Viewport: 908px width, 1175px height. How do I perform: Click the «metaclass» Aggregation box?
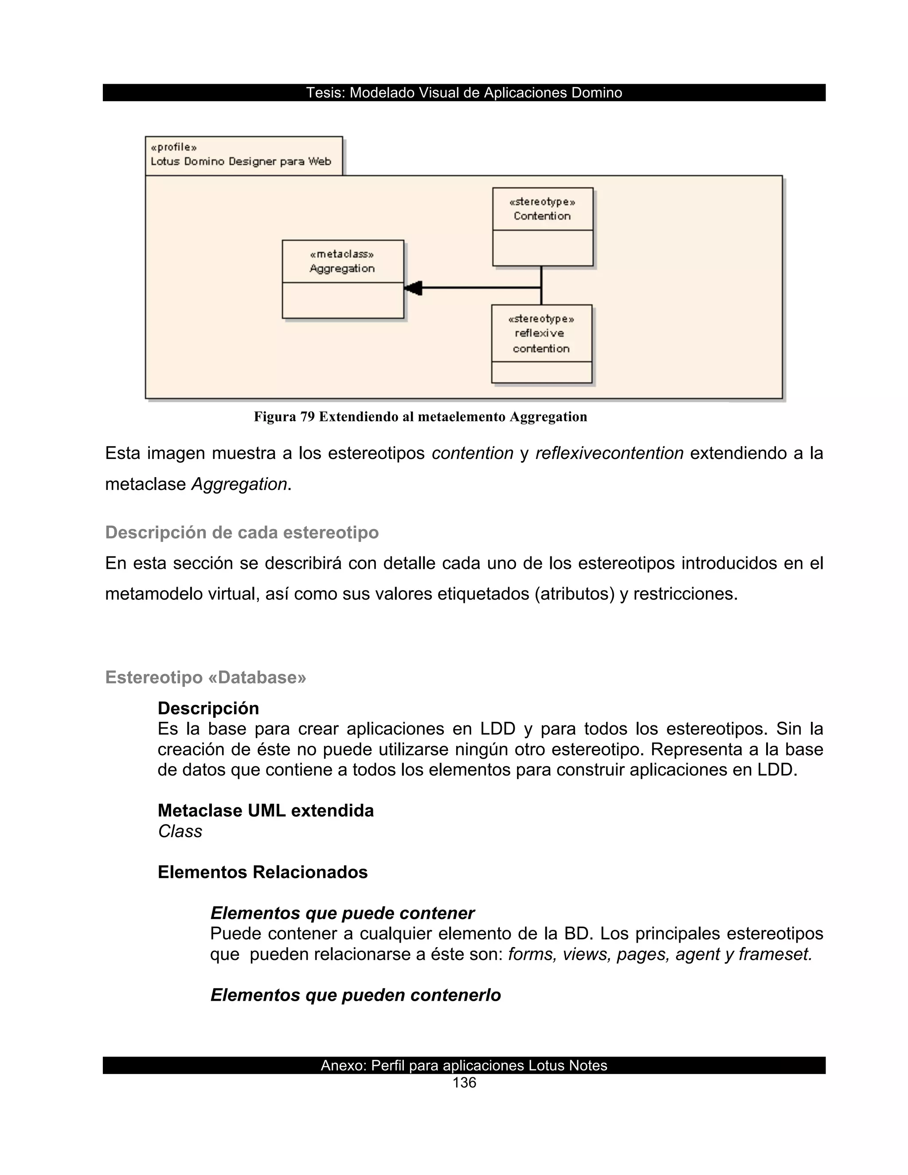[x=343, y=279]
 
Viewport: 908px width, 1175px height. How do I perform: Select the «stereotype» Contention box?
[x=542, y=227]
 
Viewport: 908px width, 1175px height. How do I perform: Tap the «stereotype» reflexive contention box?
[x=541, y=343]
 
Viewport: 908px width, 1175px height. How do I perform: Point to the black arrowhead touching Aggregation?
[x=413, y=288]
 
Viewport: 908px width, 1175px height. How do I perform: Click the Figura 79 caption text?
[x=420, y=416]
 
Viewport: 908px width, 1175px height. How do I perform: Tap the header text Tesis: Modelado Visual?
[x=464, y=93]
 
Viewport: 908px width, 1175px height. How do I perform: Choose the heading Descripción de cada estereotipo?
[x=242, y=532]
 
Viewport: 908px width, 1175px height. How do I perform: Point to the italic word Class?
[x=180, y=831]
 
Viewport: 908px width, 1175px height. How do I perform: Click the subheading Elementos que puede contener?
[x=342, y=913]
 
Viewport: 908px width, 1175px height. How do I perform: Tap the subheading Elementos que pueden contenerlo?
[x=355, y=995]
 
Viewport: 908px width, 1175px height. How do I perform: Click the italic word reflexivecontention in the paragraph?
[x=609, y=453]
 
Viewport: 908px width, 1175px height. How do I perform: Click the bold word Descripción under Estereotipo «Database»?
[x=208, y=708]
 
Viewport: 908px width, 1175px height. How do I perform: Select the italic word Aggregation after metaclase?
[x=239, y=484]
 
